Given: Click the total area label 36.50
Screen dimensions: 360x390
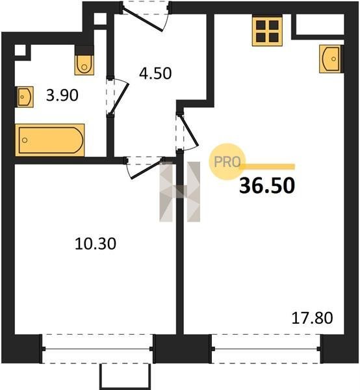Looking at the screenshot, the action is [x=267, y=186].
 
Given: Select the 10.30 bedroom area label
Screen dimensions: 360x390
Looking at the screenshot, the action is [x=96, y=244].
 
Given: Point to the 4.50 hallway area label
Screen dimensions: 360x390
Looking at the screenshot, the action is [x=155, y=73].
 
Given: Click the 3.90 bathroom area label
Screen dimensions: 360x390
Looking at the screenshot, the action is [x=62, y=96].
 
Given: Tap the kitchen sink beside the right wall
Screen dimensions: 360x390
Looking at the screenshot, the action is [x=331, y=59].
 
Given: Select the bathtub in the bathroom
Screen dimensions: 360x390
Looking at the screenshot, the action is [x=50, y=140].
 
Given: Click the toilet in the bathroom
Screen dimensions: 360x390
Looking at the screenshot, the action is [x=84, y=60].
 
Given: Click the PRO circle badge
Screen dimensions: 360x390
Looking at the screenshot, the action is [x=227, y=162].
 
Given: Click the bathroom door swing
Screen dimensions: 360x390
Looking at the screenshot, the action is [x=118, y=97].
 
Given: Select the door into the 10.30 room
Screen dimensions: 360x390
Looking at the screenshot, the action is [x=144, y=167].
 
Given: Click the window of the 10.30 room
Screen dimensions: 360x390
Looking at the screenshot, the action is [x=97, y=349].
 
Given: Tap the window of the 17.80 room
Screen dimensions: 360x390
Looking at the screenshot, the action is [x=266, y=349].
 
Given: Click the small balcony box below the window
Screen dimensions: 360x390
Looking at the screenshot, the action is [x=125, y=376].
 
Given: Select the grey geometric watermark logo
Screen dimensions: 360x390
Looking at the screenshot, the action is [x=180, y=192].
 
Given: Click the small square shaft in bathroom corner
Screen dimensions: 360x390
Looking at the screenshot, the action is [x=20, y=50].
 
